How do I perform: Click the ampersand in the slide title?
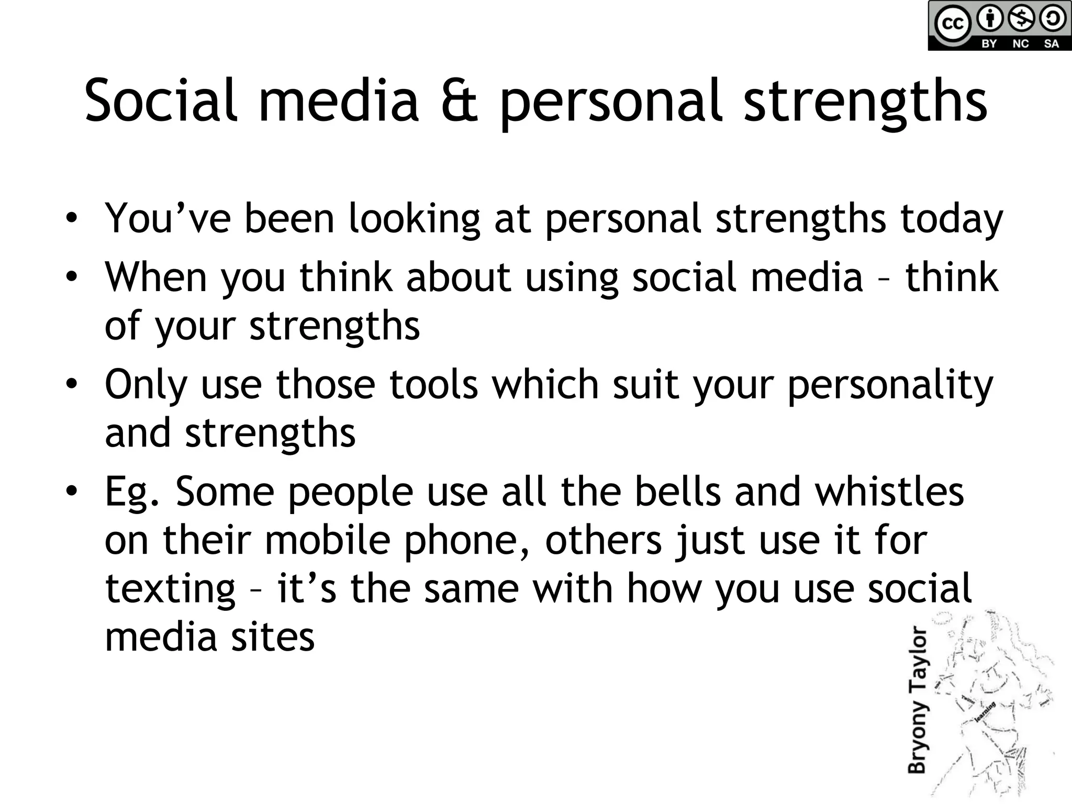coord(460,100)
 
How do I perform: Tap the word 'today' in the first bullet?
coord(951,219)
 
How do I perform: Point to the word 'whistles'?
coord(889,492)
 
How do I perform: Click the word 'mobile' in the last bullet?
coord(328,540)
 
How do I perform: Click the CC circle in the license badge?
coord(952,24)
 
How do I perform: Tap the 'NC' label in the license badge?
coord(1020,44)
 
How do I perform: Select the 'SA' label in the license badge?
coord(1051,44)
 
